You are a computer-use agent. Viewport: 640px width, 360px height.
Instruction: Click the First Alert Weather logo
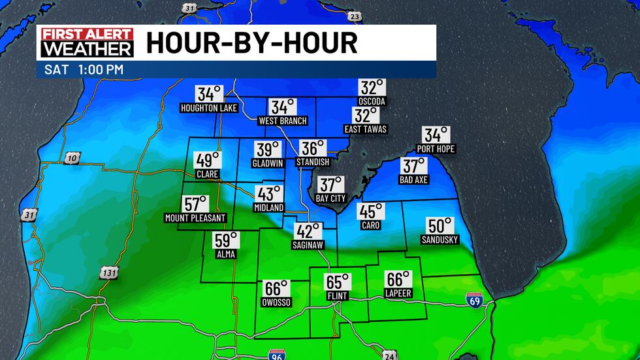[88, 42]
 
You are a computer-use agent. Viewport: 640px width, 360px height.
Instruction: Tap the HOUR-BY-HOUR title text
[251, 43]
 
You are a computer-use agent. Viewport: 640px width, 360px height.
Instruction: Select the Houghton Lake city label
[208, 107]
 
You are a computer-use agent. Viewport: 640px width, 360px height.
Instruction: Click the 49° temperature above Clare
[208, 160]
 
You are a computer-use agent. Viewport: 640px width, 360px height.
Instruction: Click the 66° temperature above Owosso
[276, 289]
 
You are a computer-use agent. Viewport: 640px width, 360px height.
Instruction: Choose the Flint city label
[338, 296]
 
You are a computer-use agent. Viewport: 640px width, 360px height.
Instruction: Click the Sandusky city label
[440, 240]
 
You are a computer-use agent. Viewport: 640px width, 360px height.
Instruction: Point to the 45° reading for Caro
[370, 211]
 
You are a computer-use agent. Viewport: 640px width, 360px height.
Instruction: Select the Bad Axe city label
[413, 180]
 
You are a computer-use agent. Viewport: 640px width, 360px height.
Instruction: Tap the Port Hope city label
[436, 149]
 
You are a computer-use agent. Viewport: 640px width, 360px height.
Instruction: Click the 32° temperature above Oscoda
[372, 88]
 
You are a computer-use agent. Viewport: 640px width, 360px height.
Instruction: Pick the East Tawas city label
[366, 129]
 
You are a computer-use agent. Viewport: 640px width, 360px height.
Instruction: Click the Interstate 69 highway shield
[475, 301]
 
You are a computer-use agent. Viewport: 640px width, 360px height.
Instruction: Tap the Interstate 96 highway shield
[276, 355]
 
